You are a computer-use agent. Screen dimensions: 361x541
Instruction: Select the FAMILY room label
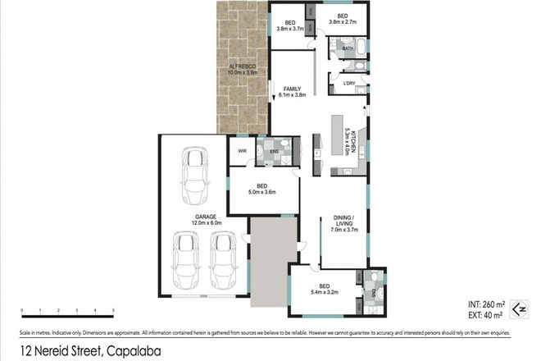pyautogui.click(x=293, y=91)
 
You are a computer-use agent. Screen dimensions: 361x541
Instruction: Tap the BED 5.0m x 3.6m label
pyautogui.click(x=263, y=189)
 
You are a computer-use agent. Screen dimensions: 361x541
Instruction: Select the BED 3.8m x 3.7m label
pyautogui.click(x=289, y=25)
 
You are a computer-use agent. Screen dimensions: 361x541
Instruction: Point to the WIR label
pyautogui.click(x=243, y=151)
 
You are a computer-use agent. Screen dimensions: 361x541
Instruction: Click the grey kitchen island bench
pyautogui.click(x=336, y=136)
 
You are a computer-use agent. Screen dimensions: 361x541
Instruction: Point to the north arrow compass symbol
pyautogui.click(x=517, y=308)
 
